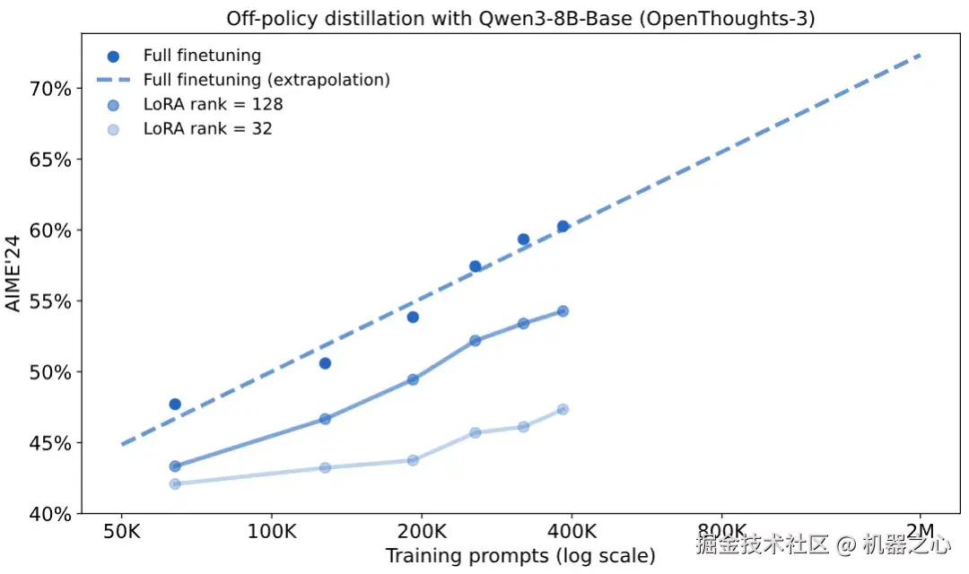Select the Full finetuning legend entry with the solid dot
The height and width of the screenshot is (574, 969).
coord(202,56)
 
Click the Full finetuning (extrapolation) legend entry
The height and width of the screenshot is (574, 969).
coord(266,80)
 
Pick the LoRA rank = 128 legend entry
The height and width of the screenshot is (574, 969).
coord(213,104)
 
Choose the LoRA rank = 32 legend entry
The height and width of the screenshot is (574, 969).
coord(207,128)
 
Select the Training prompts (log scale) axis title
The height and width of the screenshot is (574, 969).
coord(520,556)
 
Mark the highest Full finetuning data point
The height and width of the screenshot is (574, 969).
coord(563,227)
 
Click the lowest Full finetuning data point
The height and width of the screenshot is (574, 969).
coord(175,404)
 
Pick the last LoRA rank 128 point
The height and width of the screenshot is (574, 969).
coord(563,311)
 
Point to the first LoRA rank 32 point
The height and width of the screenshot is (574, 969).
coord(175,484)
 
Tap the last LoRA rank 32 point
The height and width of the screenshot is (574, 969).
coord(563,410)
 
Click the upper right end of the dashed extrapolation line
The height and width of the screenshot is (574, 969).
coord(921,56)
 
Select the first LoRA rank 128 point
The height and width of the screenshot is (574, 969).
coord(175,466)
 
